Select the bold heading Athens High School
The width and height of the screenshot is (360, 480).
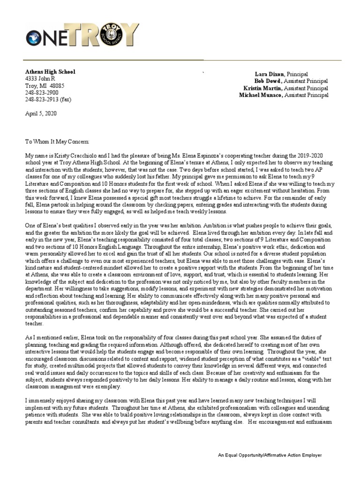coord(50,72)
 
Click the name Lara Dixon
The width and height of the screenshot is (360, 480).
coord(270,74)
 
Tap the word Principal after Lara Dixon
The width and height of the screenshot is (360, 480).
coord(298,74)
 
